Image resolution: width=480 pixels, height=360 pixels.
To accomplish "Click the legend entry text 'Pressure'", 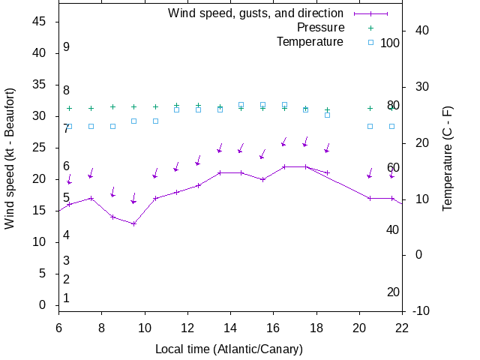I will pyautogui.click(x=320, y=28).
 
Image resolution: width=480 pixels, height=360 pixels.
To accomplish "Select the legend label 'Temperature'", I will pyautogui.click(x=310, y=42).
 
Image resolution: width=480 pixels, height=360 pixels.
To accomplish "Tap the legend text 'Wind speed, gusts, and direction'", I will pyautogui.click(x=256, y=13).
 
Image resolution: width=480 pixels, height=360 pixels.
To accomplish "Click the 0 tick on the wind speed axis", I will pyautogui.click(x=43, y=305).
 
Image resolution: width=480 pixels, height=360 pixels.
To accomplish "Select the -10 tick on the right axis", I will pyautogui.click(x=421, y=311).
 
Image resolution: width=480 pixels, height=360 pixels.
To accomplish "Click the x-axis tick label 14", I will pyautogui.click(x=230, y=326).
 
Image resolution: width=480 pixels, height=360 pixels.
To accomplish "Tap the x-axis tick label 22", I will pyautogui.click(x=403, y=326).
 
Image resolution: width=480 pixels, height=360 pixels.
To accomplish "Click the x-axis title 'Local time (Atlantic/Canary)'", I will pyautogui.click(x=229, y=349).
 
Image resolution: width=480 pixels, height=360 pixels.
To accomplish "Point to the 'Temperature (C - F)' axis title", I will pyautogui.click(x=448, y=158).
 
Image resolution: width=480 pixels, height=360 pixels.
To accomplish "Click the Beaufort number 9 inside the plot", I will pyautogui.click(x=66, y=47).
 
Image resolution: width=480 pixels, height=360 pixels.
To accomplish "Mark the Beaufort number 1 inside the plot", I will pyautogui.click(x=66, y=298).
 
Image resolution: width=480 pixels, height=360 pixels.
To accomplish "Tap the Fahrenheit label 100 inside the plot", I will pyautogui.click(x=390, y=43).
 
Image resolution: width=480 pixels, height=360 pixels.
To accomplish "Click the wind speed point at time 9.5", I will pyautogui.click(x=133, y=223).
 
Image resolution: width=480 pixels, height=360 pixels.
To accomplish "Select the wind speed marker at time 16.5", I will pyautogui.click(x=284, y=167).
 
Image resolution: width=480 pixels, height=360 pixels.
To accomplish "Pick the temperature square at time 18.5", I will pyautogui.click(x=327, y=115).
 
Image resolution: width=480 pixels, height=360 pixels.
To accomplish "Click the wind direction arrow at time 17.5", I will pyautogui.click(x=306, y=141).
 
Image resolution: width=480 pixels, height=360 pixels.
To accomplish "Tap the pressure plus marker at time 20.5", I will pyautogui.click(x=370, y=108).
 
